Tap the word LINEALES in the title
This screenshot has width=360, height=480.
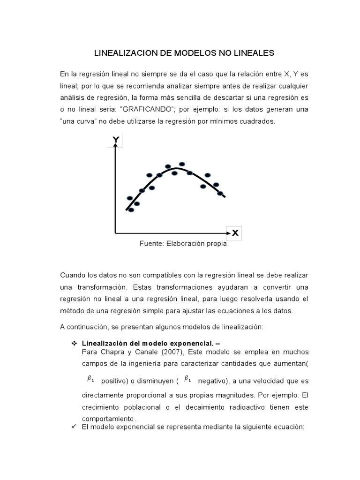[252, 53]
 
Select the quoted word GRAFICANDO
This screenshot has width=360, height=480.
[153, 109]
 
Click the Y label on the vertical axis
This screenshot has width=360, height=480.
[115, 140]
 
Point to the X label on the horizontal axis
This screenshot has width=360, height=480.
[235, 232]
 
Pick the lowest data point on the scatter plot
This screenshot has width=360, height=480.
[131, 210]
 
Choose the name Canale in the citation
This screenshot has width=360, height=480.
[142, 352]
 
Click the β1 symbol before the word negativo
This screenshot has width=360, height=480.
[187, 379]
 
